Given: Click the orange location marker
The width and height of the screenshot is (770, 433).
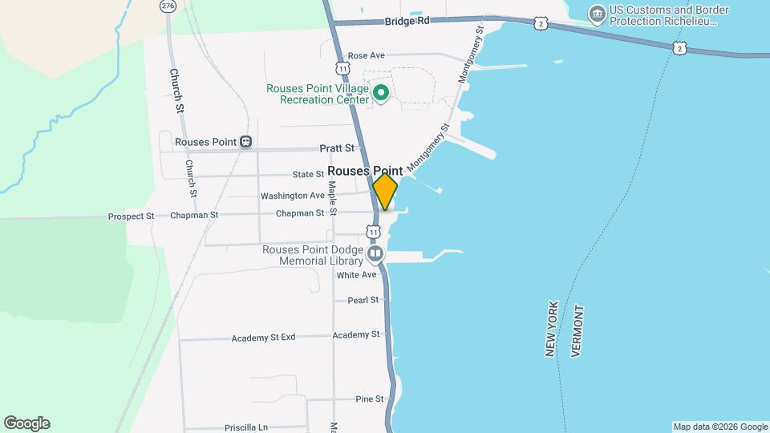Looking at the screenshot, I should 386,192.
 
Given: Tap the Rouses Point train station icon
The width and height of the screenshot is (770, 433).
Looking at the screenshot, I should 246,142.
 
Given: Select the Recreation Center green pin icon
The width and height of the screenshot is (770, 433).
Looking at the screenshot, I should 383,95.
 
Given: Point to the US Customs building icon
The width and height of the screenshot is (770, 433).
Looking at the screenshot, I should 597,14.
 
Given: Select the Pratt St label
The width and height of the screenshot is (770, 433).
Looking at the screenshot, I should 337,148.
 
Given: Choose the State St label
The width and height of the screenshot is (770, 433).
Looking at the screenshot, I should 308,174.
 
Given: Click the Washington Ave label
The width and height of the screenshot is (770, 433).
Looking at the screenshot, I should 293,196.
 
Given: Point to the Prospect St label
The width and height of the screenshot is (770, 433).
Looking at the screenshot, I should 131,216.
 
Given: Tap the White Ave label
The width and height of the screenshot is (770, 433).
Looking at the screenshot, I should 356,275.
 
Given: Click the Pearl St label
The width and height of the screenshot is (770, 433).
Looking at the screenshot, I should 363,301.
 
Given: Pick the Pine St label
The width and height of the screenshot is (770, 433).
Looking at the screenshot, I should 370,399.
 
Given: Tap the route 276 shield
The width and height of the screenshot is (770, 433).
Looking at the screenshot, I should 167,6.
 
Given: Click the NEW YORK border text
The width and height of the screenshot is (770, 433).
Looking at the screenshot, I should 552,330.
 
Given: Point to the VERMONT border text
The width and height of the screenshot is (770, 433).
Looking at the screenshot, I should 577,330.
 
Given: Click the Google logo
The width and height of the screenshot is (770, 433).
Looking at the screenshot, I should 26,423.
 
